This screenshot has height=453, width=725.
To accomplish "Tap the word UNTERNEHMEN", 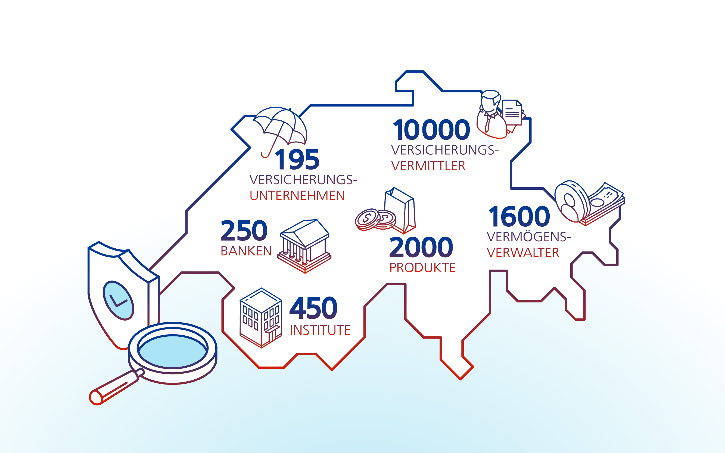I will [297, 196].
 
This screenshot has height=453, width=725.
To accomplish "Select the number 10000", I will [431, 130].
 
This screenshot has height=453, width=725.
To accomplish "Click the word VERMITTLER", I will [428, 166].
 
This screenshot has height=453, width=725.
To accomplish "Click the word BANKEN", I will [246, 251].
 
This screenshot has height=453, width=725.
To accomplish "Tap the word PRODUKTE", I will [422, 268].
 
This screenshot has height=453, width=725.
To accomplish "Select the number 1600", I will [519, 216].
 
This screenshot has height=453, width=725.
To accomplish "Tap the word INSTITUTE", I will [320, 330].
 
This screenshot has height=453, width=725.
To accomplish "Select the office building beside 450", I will [261, 318].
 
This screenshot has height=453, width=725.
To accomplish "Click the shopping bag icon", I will [400, 210].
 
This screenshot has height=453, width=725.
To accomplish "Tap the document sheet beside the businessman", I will [512, 112].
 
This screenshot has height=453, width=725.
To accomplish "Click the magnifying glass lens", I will [173, 351].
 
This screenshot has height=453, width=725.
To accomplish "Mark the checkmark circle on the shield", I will [118, 301].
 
